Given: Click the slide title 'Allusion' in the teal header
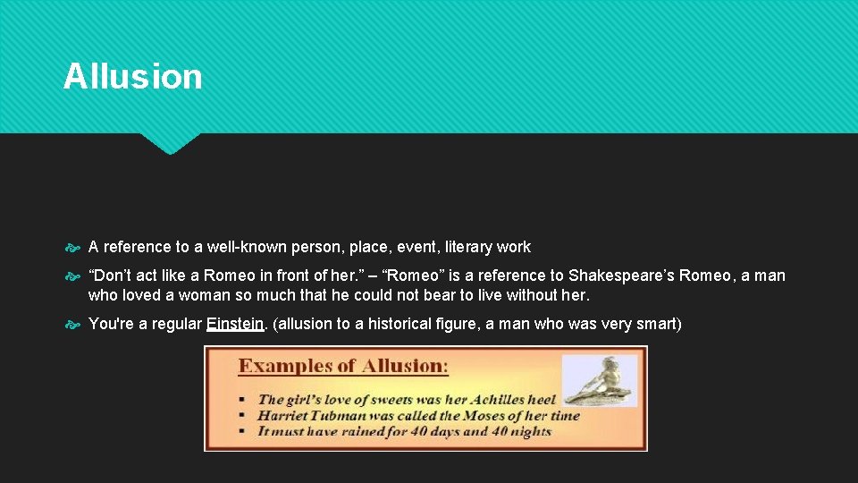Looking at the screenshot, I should click(x=132, y=77).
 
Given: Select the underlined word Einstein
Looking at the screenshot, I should click(x=236, y=324).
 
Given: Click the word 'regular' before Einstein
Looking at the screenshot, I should click(x=175, y=324).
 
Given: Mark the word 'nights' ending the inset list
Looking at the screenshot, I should click(x=530, y=431).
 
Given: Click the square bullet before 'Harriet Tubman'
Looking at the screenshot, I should click(x=243, y=416).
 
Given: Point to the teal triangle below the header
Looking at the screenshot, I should click(x=170, y=143).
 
